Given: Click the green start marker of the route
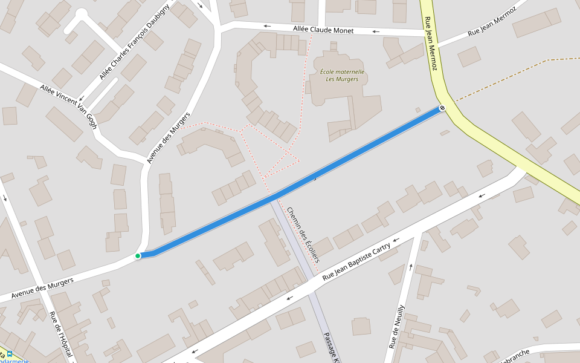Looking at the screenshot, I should [x=138, y=256].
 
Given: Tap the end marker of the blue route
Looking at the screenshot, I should [x=442, y=108].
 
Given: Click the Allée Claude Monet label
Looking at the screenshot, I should [x=323, y=30].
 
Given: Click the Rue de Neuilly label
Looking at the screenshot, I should [x=397, y=327].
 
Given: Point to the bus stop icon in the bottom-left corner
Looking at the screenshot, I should [x=9, y=354].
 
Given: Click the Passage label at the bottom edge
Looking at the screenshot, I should [x=332, y=347].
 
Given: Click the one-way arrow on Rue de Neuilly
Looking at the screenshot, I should [x=411, y=266].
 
